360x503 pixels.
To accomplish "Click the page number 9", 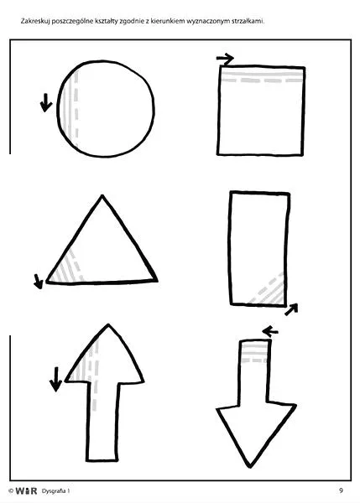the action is click(341, 490).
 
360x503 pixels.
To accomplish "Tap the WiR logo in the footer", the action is click(26, 490).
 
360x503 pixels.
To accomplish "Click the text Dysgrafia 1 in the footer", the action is click(55, 490).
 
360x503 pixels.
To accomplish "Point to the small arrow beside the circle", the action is click(46, 102).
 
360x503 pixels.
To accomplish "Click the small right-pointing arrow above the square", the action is click(225, 59).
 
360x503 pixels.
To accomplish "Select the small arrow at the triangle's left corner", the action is click(39, 282).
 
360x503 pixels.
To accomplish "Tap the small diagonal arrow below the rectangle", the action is click(291, 309).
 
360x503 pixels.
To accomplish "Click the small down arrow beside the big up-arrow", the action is click(55, 379).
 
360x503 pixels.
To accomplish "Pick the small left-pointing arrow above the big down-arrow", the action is click(270, 331).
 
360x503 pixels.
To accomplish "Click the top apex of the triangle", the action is click(102, 195).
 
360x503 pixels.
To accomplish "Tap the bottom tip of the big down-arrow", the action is click(250, 467).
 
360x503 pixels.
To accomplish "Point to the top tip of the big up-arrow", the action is click(108, 324).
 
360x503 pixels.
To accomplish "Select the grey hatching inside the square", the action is click(262, 75).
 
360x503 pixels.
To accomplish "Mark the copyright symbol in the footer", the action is click(11, 491).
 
